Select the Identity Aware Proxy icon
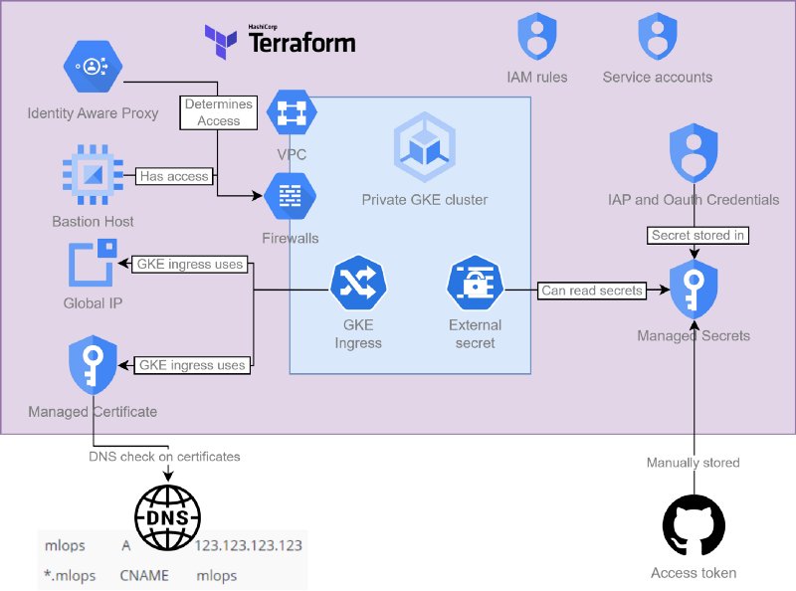coord(93,68)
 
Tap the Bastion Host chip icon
coord(93,176)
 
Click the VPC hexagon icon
coord(291,115)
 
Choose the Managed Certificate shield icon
coord(93,366)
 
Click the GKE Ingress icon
coord(356,287)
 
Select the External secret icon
coord(475,285)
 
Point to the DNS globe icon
coord(167,516)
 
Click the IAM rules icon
coord(537,40)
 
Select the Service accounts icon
coord(657,40)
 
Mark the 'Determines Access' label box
coord(219,111)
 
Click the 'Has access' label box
coord(174,176)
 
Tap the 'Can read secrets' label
coord(591,291)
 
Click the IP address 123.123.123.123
coord(249,545)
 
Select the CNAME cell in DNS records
coord(144,575)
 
